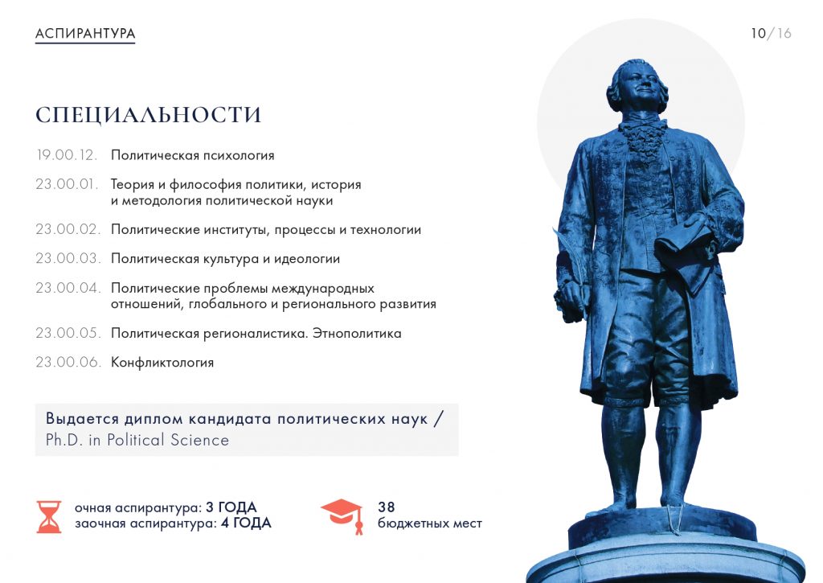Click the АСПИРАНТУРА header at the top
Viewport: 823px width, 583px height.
[85, 34]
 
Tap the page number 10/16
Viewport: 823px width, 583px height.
[771, 34]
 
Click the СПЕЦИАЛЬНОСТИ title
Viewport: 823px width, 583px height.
[148, 115]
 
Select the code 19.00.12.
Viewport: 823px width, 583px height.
[67, 155]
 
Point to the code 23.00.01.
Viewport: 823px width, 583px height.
[67, 184]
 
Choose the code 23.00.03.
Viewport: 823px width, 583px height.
[68, 258]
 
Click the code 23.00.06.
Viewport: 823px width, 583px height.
[68, 362]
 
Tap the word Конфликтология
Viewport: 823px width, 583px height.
[162, 363]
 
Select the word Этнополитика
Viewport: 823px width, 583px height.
[357, 333]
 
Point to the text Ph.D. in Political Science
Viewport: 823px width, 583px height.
[137, 440]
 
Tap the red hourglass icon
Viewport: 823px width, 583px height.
[49, 517]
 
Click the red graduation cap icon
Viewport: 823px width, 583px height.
[342, 515]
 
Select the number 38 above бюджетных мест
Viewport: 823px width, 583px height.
[387, 507]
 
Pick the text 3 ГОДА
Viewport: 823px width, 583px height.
[231, 507]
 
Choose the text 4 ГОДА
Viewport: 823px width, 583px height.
[246, 523]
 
